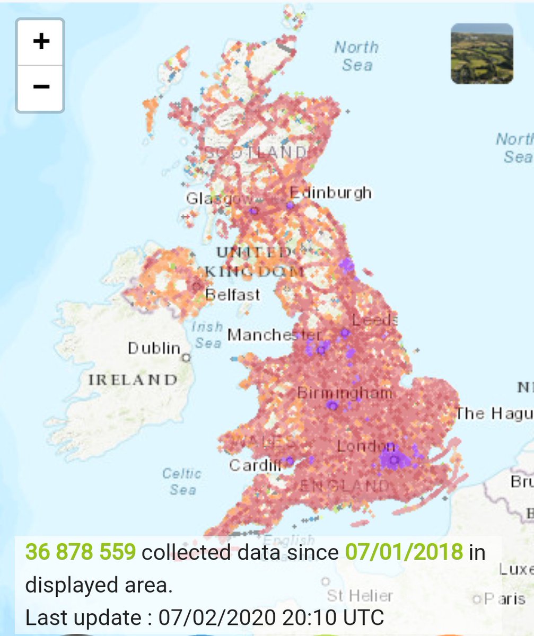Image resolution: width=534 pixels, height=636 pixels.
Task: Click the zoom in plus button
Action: click(40, 42)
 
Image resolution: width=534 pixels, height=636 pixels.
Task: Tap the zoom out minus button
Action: click(40, 87)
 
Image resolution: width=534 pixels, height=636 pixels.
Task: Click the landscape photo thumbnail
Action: click(482, 54)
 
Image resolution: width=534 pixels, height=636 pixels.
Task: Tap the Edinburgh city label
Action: click(331, 193)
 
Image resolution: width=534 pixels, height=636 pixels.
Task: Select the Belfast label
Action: click(233, 295)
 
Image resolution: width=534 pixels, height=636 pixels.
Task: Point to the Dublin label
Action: click(154, 348)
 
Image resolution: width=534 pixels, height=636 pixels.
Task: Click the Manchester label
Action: click(274, 335)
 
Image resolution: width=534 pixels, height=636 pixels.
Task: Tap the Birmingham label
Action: click(344, 393)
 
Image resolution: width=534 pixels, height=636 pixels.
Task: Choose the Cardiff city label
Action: click(255, 465)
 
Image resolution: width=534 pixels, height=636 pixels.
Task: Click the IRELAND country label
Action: click(133, 379)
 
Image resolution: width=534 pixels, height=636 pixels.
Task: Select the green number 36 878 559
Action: click(81, 553)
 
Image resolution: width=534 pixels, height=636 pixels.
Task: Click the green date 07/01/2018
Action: click(404, 553)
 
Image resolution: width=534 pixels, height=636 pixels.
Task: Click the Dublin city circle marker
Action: click(186, 358)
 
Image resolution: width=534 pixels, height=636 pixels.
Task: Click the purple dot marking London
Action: click(393, 461)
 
